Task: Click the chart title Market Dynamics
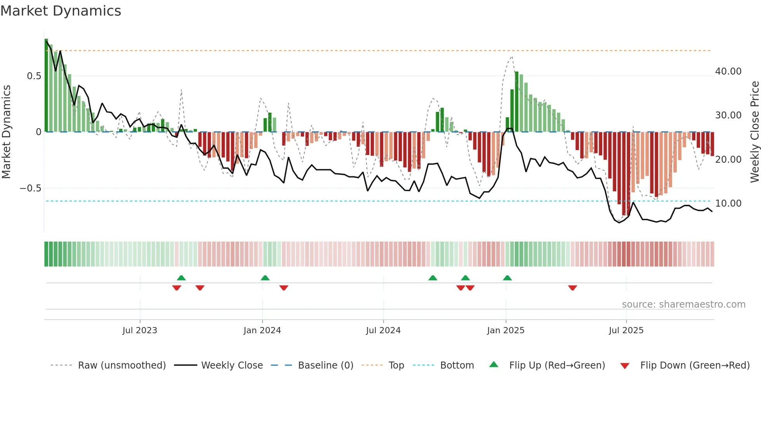click(61, 11)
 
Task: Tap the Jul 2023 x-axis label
click(140, 331)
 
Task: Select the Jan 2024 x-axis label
click(262, 331)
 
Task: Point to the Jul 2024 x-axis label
click(383, 331)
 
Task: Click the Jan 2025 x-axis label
click(506, 331)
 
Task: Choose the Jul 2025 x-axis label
click(626, 331)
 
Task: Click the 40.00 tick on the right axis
click(728, 71)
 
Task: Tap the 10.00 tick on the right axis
click(728, 204)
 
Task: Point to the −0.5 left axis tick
click(30, 188)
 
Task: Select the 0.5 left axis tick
click(34, 76)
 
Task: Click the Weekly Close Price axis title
click(754, 132)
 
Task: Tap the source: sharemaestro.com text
click(683, 304)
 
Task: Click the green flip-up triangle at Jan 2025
click(507, 278)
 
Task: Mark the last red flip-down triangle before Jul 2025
click(572, 288)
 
